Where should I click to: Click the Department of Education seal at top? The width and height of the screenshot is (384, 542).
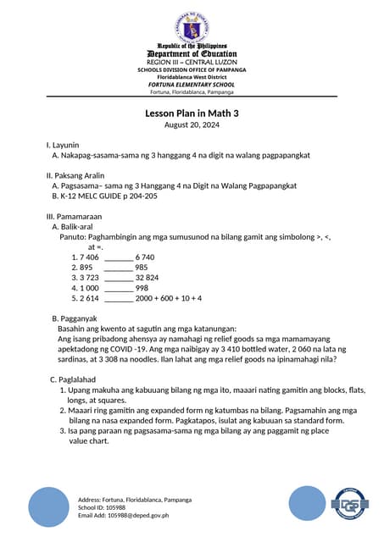coord(192,21)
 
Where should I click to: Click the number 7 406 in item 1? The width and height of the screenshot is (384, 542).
coord(89,257)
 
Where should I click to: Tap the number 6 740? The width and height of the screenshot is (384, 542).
coord(145,257)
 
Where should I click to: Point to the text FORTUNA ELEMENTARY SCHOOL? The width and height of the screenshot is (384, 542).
coord(192,85)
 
